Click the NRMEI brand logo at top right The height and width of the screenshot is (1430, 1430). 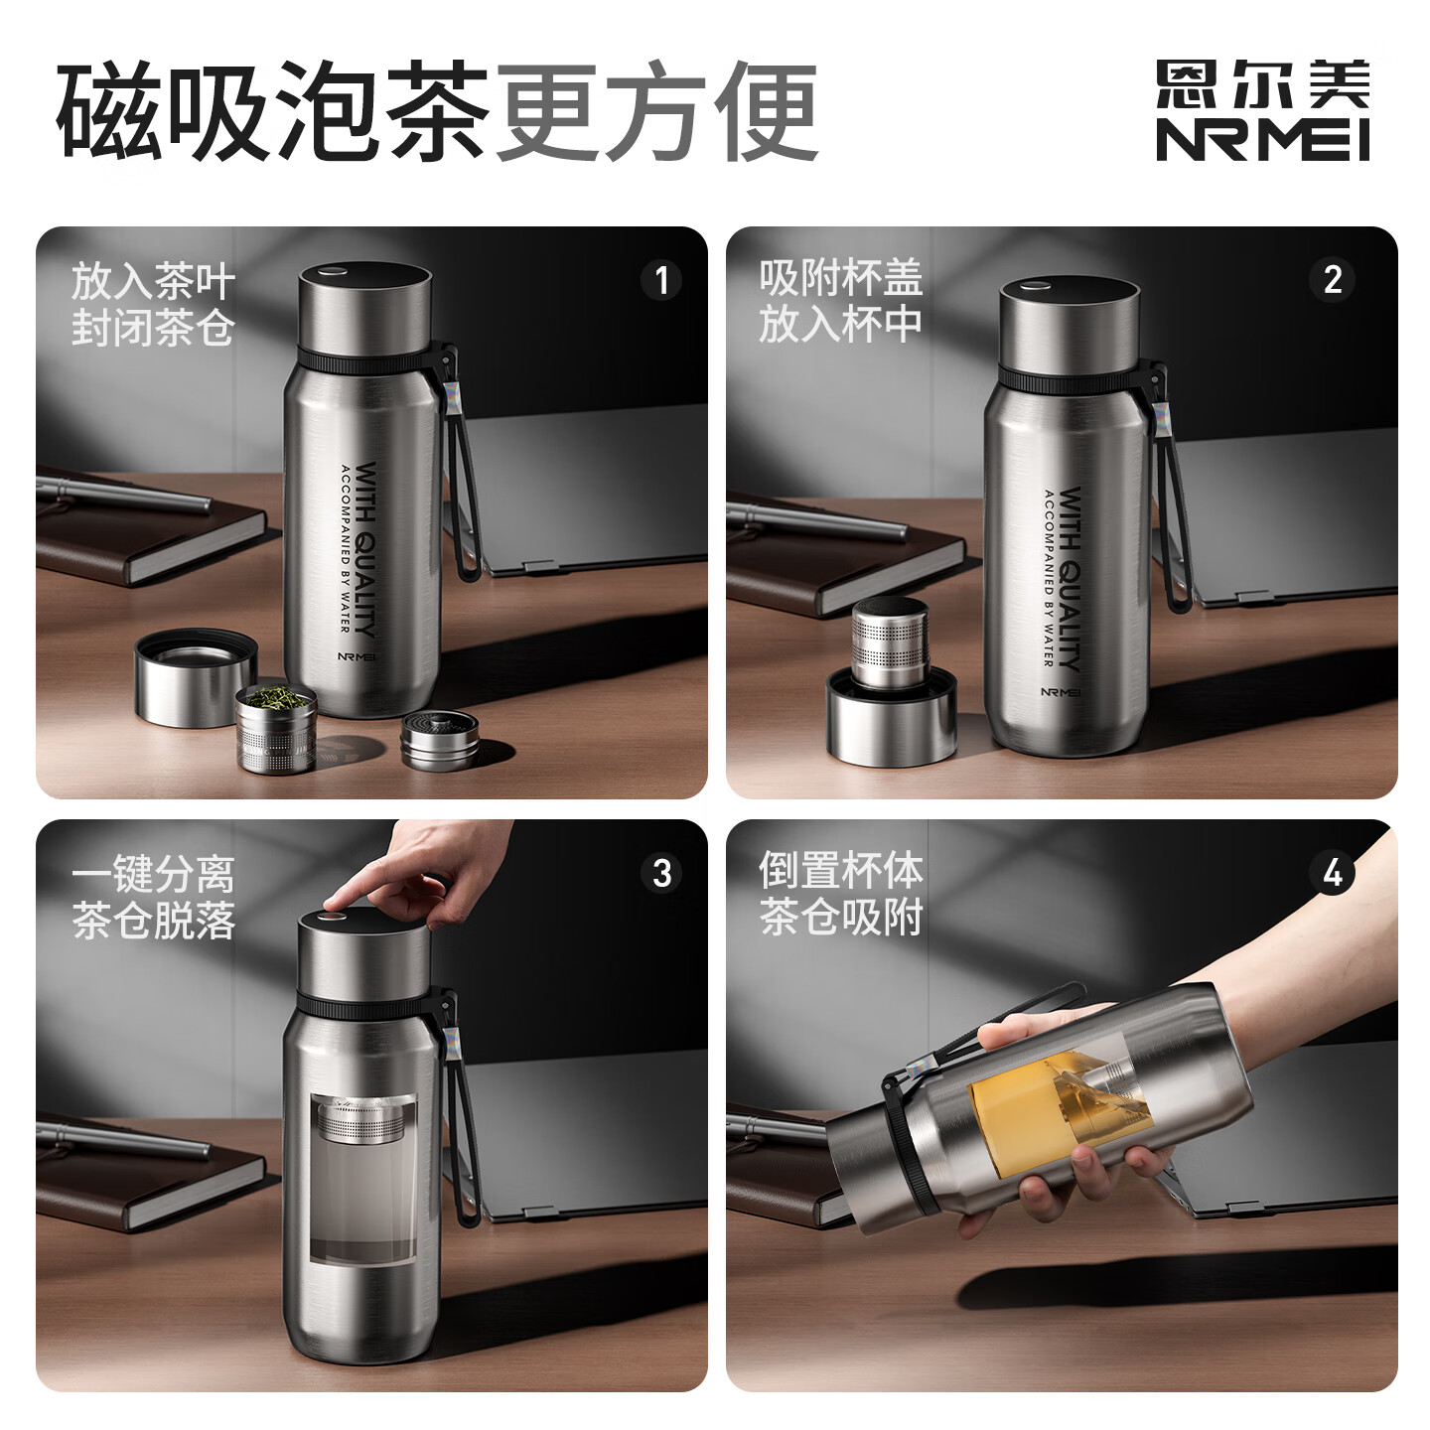tap(1262, 109)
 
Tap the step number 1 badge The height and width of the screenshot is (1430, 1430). tap(661, 280)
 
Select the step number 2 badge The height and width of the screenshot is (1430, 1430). tap(1333, 280)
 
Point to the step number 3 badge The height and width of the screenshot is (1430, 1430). tap(661, 873)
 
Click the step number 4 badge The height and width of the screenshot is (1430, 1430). tap(1333, 873)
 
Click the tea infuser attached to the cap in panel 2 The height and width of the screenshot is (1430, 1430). tap(891, 643)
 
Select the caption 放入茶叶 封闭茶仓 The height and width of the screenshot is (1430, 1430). tap(153, 304)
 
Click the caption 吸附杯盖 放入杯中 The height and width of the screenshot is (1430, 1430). tap(841, 301)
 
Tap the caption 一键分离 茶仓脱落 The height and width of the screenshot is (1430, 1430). tap(153, 898)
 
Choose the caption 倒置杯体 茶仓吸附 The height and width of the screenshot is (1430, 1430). tap(841, 893)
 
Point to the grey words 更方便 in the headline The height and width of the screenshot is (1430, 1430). tap(655, 111)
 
